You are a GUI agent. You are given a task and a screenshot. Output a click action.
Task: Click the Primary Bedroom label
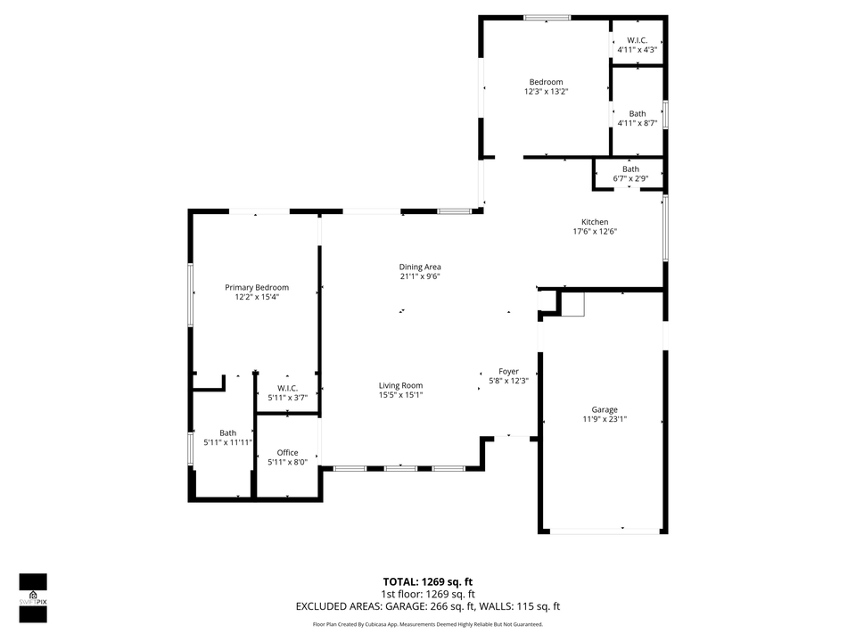click(x=257, y=287)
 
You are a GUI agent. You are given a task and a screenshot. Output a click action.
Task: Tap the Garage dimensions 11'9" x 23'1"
click(x=605, y=418)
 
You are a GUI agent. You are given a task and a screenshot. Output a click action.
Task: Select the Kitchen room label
click(x=595, y=222)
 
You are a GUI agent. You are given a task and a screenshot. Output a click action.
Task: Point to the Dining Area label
click(x=420, y=267)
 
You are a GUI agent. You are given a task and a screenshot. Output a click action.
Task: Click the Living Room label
click(x=400, y=385)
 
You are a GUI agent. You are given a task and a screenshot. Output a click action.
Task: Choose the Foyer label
click(x=508, y=371)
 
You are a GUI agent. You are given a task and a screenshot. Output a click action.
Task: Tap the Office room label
click(x=287, y=452)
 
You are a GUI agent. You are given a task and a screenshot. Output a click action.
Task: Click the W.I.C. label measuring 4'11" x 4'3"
click(x=637, y=40)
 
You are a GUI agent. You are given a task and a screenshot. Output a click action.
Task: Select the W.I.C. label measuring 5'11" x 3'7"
click(x=287, y=388)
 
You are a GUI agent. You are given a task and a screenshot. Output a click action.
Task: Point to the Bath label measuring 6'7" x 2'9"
click(x=630, y=169)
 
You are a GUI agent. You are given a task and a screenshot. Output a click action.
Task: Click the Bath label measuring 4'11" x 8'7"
click(x=638, y=114)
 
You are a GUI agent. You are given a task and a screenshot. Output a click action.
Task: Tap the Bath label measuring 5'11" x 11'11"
click(x=228, y=433)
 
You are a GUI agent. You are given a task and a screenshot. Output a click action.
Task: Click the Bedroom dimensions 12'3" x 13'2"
click(x=546, y=91)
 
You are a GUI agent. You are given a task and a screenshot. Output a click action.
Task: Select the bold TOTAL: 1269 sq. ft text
click(x=428, y=580)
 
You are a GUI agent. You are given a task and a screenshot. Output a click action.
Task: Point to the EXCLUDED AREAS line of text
click(x=428, y=606)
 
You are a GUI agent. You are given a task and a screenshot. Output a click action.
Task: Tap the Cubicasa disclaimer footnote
click(x=428, y=625)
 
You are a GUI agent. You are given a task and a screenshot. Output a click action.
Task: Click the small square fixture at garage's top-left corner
click(x=572, y=303)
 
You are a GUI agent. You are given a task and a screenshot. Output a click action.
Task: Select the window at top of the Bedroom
click(x=547, y=17)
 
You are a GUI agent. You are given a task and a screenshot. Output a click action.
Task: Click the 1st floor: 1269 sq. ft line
click(x=428, y=594)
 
